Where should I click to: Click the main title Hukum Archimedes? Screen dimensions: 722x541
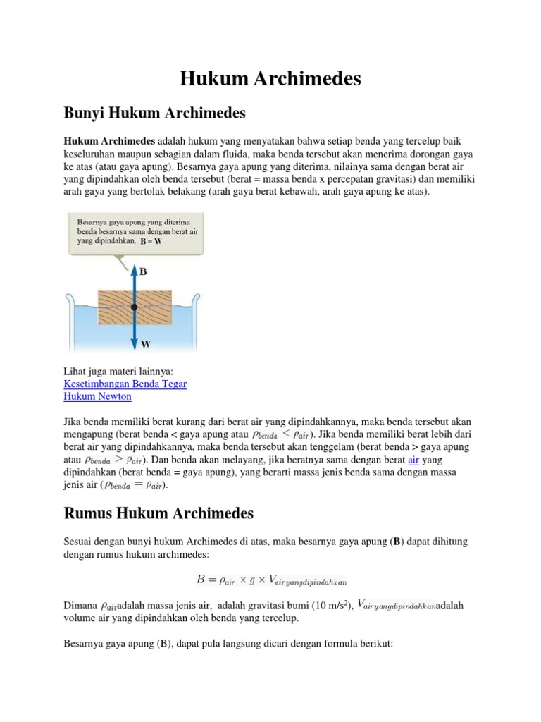[270, 79]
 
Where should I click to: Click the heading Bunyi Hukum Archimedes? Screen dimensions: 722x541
[154, 112]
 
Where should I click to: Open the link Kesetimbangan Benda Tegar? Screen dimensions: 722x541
[125, 383]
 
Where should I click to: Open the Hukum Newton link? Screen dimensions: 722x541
[97, 396]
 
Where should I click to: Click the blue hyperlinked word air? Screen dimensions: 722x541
[413, 460]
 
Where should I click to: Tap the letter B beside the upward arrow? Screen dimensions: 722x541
[143, 271]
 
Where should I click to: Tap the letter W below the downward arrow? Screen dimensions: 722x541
[146, 345]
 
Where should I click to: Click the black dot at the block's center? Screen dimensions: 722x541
[133, 307]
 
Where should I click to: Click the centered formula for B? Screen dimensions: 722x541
[271, 580]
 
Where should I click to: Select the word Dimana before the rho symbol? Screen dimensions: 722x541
[80, 606]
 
